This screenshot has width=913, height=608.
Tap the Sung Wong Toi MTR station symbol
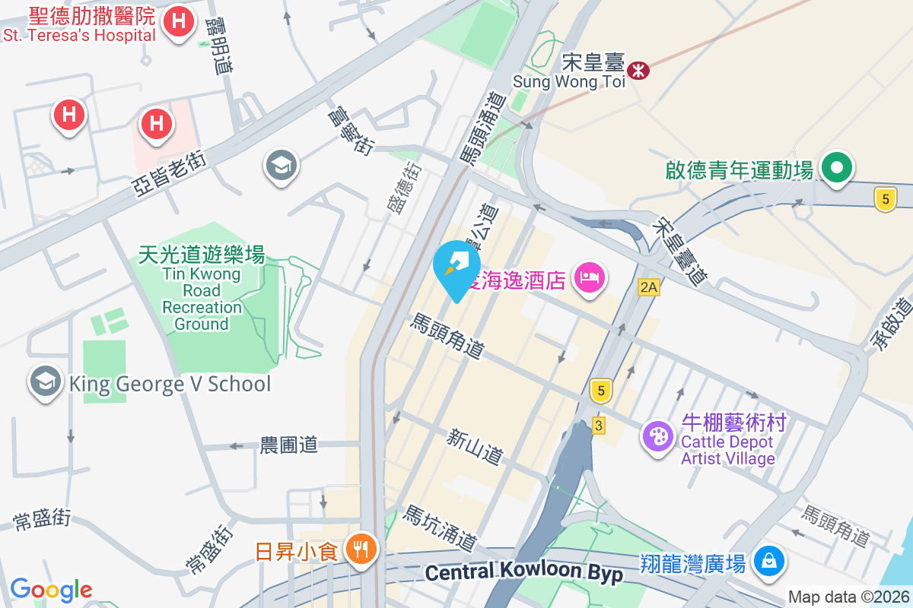point(638,70)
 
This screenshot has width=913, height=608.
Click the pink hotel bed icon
point(590,277)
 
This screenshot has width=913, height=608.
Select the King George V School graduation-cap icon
point(46,383)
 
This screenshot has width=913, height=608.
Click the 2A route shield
point(648,287)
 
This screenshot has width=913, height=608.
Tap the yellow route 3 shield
point(599,426)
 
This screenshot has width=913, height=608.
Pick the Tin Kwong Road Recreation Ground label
point(202,289)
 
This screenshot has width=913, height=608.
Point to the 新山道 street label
point(475,447)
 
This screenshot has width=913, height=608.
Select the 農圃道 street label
point(288,445)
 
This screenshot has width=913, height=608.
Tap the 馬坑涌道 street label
point(441,529)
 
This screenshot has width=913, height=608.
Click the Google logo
point(51,590)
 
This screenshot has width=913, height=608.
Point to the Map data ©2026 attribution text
point(848,597)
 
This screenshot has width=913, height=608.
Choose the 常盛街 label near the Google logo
point(43,520)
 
